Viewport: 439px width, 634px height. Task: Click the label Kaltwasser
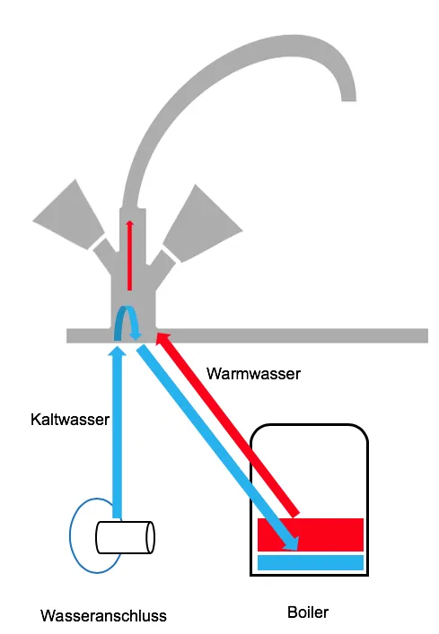pos(70,419)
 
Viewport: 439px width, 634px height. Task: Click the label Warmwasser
pos(253,372)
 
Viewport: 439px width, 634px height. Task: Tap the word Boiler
pos(308,613)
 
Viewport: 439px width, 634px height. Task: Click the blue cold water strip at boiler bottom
pos(310,562)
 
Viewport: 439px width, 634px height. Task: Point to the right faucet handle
pos(199,221)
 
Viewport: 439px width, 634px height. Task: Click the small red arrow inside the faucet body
pos(130,256)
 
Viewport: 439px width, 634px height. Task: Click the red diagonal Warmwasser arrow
pos(229,421)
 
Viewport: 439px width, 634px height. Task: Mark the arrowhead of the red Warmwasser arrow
pos(162,339)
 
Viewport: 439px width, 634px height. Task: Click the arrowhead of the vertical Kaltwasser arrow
pos(114,352)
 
